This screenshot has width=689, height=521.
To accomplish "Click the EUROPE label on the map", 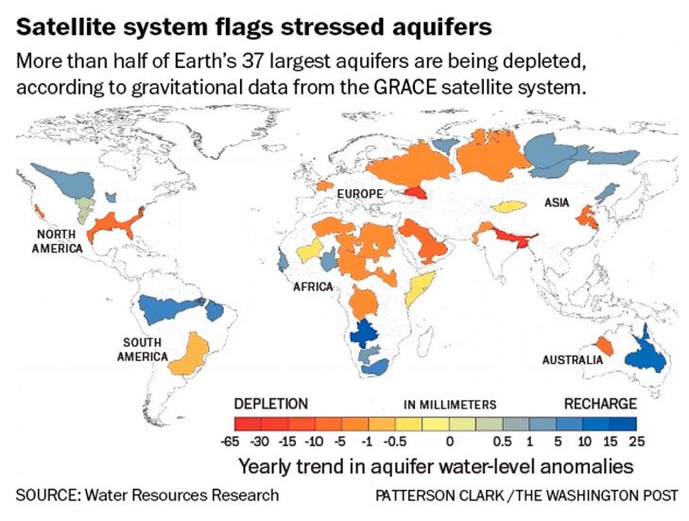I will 360,194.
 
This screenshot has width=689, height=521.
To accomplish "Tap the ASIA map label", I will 557,202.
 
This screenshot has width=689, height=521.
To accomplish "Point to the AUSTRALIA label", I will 573,360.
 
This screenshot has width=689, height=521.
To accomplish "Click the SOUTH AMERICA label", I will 142,349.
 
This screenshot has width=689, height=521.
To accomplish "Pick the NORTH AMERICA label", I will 61,241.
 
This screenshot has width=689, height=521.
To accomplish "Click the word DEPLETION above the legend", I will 270,403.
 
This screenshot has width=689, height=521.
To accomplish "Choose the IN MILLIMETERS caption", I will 450,404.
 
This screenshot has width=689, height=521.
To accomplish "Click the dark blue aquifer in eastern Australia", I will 646,352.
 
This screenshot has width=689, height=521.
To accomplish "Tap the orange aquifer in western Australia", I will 602,347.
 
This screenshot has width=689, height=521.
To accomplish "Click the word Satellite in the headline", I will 60,19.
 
